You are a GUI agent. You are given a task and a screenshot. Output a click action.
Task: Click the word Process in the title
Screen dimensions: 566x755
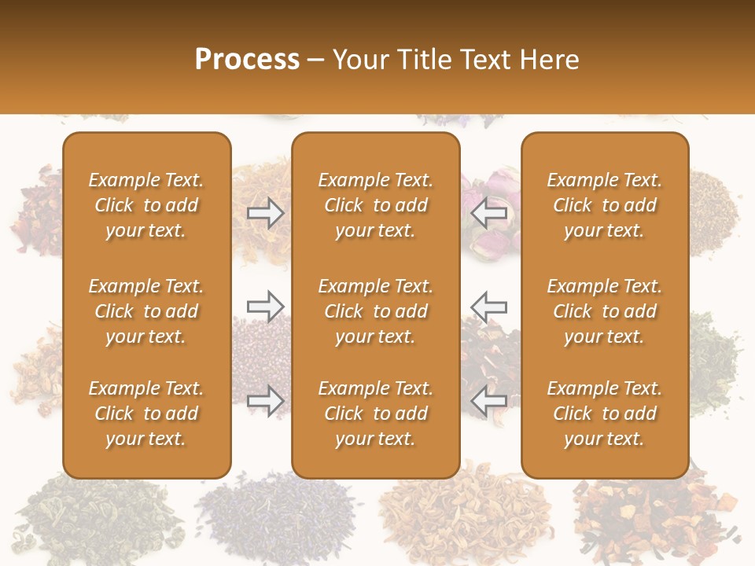coord(247,60)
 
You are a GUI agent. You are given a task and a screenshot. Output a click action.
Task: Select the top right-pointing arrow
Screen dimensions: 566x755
coord(265,213)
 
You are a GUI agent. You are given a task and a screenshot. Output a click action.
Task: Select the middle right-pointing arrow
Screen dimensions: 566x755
coord(265,307)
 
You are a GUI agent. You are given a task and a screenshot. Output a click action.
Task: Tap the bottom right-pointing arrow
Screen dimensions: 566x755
coord(265,400)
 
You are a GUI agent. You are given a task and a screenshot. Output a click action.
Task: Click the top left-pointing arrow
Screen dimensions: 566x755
coord(488,213)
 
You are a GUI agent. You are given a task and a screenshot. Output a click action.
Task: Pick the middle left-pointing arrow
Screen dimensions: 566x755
coord(488,307)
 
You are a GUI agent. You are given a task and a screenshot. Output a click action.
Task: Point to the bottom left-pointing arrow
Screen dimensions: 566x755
coord(488,400)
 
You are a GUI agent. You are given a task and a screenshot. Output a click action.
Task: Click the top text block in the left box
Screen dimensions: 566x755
coord(146,205)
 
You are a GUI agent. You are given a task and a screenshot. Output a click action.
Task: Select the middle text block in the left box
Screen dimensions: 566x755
coord(146,311)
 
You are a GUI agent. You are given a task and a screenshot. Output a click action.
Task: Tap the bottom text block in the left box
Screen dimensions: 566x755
coord(146,413)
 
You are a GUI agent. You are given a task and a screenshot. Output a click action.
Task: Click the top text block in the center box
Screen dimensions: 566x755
coord(375,205)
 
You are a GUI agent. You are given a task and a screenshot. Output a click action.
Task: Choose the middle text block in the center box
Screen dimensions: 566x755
coord(375,311)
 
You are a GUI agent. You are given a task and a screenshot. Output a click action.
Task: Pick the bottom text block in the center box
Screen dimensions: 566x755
coord(375,413)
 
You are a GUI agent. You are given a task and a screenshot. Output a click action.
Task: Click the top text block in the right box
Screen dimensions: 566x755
coord(604,205)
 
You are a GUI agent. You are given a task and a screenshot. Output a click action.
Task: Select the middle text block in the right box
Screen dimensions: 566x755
coord(604,311)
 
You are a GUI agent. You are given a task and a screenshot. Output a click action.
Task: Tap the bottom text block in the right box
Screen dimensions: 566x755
coord(604,413)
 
